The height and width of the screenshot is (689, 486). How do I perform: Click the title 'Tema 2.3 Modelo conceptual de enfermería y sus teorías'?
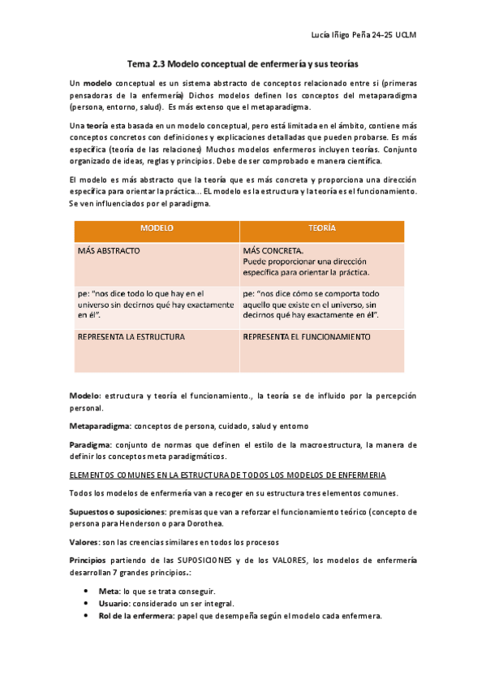(243, 63)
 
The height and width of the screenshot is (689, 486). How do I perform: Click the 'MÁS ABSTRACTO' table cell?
(109, 251)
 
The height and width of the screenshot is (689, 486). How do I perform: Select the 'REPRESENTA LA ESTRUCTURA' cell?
(131, 336)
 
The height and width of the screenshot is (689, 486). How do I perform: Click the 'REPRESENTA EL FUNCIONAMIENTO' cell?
(306, 336)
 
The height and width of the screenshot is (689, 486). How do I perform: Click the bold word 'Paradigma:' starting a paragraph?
(90, 444)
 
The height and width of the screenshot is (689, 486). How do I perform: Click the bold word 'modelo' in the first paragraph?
(97, 84)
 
